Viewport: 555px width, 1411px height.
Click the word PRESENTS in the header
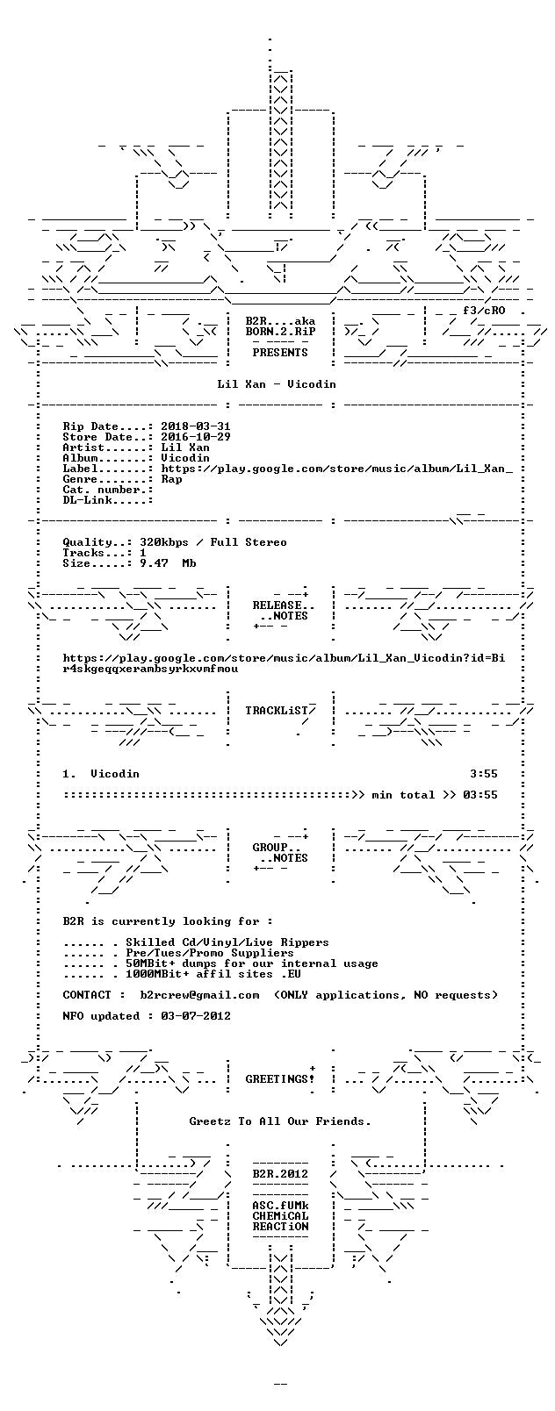click(280, 353)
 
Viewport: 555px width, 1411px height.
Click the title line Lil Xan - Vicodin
click(277, 384)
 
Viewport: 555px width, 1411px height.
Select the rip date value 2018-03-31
click(196, 426)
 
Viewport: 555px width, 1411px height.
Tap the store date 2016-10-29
click(196, 437)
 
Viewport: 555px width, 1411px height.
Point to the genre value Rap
click(171, 479)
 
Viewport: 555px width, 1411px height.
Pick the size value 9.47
click(154, 563)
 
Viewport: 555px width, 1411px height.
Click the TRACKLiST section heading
click(280, 711)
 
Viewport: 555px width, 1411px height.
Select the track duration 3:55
click(483, 774)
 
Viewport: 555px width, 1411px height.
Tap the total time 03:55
click(480, 795)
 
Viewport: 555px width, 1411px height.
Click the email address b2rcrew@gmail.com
click(199, 995)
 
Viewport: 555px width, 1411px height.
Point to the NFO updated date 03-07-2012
click(196, 1016)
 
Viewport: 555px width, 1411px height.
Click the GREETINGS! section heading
click(280, 1079)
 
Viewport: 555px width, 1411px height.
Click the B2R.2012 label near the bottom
click(280, 1174)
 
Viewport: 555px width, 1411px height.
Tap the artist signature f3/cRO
click(484, 311)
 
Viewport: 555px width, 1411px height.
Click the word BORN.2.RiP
click(280, 332)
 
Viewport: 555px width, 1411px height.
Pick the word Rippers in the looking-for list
click(305, 942)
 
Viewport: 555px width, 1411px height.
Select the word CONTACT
click(87, 995)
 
